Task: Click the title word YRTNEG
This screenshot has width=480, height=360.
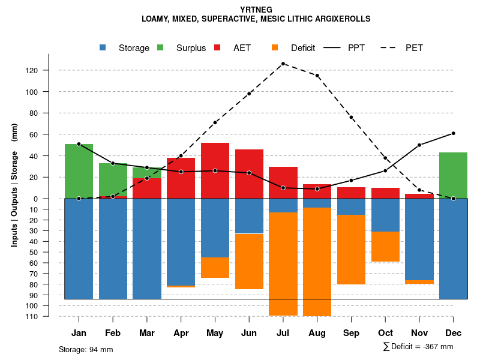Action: pyautogui.click(x=256, y=10)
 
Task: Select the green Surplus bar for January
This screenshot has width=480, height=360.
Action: pyautogui.click(x=79, y=171)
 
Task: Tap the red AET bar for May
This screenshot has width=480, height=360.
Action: pyautogui.click(x=215, y=170)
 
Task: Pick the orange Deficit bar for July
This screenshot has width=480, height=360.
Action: pyautogui.click(x=283, y=264)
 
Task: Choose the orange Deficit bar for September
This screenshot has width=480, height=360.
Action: pyautogui.click(x=351, y=250)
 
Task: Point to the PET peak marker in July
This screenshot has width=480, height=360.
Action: pyautogui.click(x=283, y=64)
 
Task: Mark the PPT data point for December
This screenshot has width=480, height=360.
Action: pyautogui.click(x=453, y=133)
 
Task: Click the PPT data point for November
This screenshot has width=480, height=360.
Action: pyautogui.click(x=419, y=145)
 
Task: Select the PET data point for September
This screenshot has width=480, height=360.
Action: pyautogui.click(x=351, y=117)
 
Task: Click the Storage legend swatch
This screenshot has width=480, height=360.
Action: pyautogui.click(x=103, y=48)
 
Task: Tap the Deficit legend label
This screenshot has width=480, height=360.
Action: pyautogui.click(x=303, y=48)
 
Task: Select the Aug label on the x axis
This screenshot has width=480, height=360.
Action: pyautogui.click(x=317, y=333)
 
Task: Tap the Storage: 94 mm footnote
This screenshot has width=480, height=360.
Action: pyautogui.click(x=86, y=349)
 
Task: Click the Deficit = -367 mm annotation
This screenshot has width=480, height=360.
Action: pyautogui.click(x=418, y=347)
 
